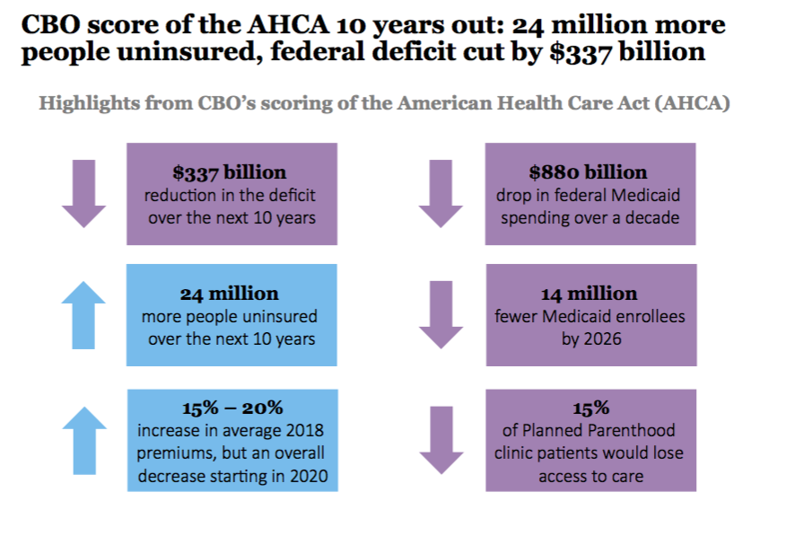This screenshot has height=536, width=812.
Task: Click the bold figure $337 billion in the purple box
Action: click(x=231, y=172)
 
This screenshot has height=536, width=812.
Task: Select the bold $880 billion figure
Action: click(x=589, y=172)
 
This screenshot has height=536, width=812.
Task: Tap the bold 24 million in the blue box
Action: click(x=231, y=294)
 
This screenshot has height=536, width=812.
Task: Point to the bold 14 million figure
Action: click(x=589, y=294)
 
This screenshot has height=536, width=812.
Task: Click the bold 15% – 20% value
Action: click(x=231, y=408)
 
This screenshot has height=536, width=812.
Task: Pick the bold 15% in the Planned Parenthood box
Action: click(x=589, y=408)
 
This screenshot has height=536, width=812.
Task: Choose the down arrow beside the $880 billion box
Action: click(x=441, y=193)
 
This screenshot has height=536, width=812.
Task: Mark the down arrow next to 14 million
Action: click(x=441, y=315)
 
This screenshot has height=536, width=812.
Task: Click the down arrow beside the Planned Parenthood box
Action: click(x=441, y=439)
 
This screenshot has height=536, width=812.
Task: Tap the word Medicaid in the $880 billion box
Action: click(x=649, y=195)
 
